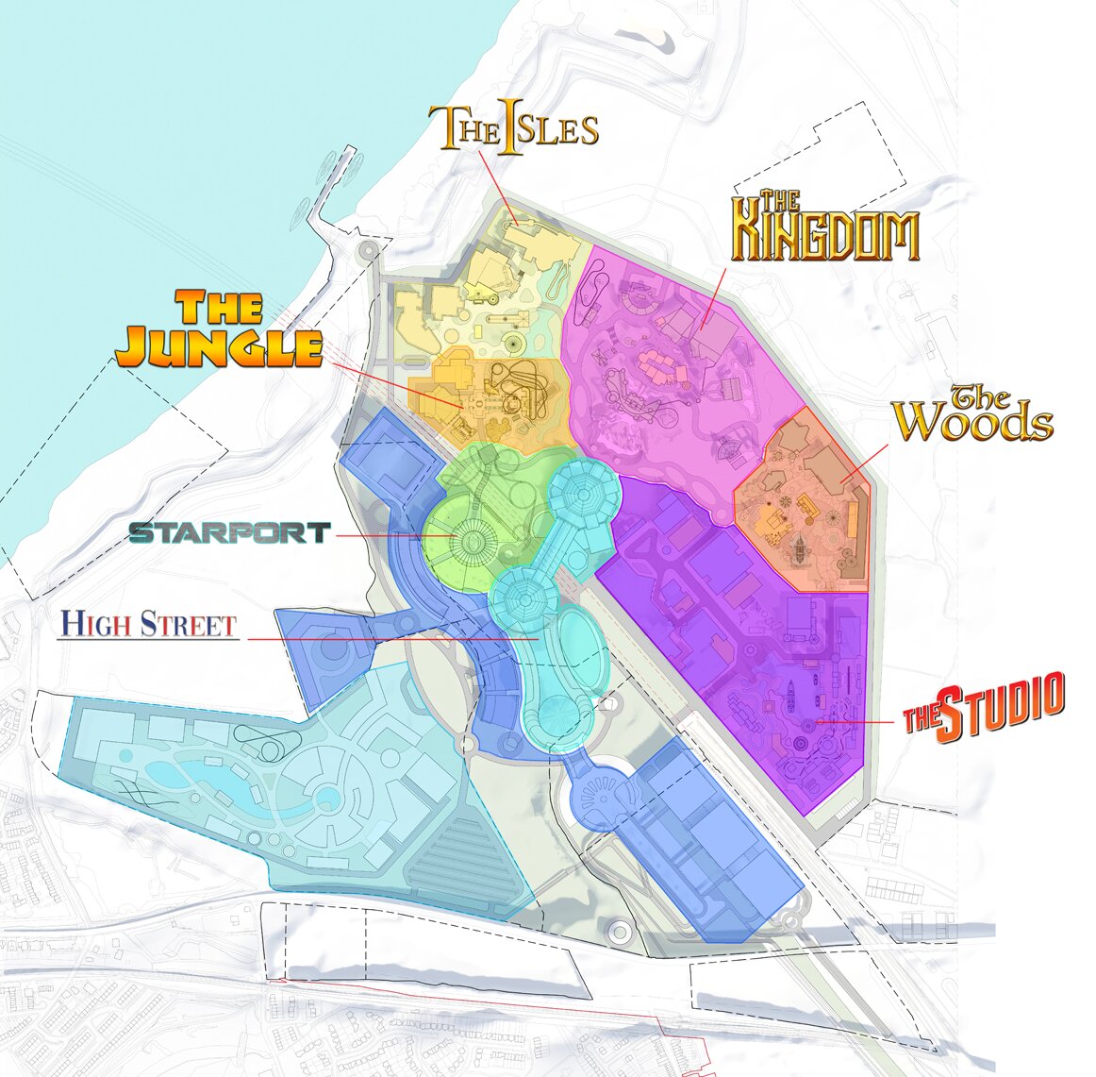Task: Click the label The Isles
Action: click(514, 127)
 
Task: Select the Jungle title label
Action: click(218, 330)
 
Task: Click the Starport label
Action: click(230, 533)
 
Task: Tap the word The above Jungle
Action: click(218, 308)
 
